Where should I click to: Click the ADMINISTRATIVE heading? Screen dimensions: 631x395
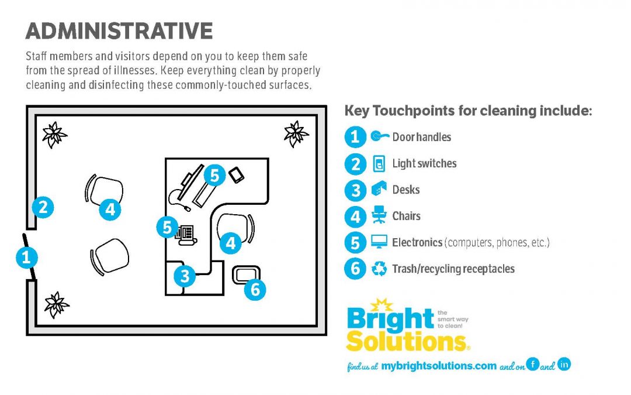[x=119, y=31]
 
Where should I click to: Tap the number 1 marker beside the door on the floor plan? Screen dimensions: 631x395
[x=26, y=257]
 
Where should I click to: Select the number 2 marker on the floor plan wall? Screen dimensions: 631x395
[x=43, y=207]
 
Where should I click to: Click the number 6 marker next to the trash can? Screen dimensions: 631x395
[x=255, y=289]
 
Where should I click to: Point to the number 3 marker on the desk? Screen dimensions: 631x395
[x=185, y=276]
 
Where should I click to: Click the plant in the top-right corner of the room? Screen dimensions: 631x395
[x=296, y=134]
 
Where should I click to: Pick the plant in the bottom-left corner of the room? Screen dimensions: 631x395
[x=56, y=305]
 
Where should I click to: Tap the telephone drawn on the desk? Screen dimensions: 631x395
[x=186, y=235]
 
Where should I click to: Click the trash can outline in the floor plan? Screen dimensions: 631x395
[x=246, y=275]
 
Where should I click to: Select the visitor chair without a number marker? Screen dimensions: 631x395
[x=109, y=256]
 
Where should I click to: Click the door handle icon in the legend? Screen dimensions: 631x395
[x=380, y=136]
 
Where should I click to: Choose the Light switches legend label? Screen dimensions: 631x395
[x=424, y=163]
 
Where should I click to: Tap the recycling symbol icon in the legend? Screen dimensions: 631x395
[x=379, y=269]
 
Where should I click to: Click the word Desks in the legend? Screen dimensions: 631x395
[x=405, y=190]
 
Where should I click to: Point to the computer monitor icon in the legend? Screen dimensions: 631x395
[x=379, y=242]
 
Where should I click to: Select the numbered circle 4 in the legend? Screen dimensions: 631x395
[x=355, y=217]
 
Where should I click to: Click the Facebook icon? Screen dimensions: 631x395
[x=532, y=364]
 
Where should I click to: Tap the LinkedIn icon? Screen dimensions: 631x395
[x=564, y=364]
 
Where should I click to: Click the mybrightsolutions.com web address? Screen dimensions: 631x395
[x=439, y=366]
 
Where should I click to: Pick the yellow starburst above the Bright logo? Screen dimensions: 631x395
[x=381, y=305]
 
